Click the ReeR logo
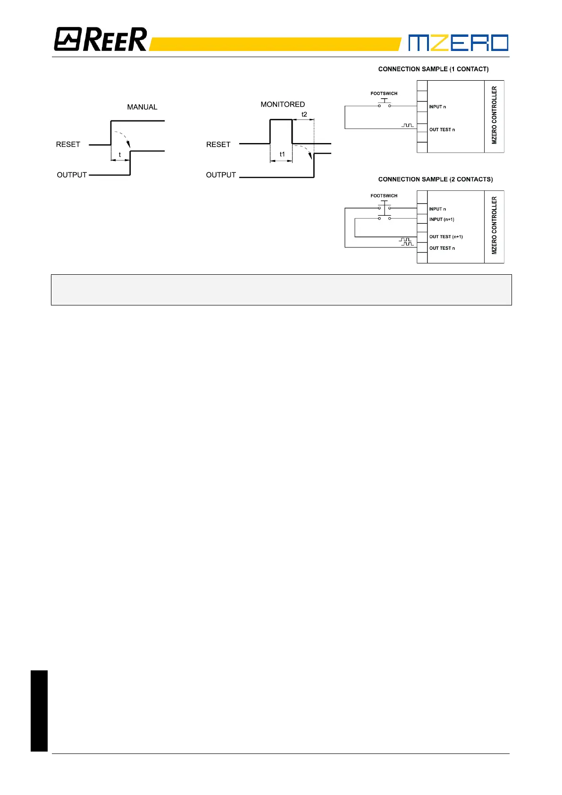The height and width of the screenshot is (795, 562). [x=101, y=40]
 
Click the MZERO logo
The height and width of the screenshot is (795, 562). [x=458, y=42]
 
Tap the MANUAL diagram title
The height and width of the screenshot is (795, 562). [x=142, y=107]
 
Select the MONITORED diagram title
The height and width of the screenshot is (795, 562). [x=283, y=104]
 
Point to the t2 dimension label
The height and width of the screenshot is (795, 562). [x=304, y=114]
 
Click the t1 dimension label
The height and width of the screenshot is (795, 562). [x=282, y=154]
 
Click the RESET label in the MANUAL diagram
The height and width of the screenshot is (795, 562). [x=68, y=144]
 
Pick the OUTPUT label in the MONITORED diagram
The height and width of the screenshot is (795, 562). [x=221, y=175]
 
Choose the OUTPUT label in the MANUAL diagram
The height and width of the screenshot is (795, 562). [x=72, y=175]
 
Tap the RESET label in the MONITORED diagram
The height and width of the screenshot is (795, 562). [x=218, y=144]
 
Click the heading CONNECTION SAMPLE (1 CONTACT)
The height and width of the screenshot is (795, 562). [x=433, y=69]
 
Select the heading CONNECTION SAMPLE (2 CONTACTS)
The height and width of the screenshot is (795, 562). [x=435, y=179]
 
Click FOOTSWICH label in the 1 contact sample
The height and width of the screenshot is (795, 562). [x=384, y=93]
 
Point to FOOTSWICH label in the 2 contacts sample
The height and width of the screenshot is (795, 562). [x=384, y=195]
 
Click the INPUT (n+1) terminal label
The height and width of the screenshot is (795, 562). [x=442, y=220]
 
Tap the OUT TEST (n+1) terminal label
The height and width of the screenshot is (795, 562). [x=446, y=237]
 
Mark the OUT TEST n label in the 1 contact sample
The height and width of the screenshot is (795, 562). [x=442, y=129]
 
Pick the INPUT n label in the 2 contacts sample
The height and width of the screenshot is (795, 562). [x=437, y=209]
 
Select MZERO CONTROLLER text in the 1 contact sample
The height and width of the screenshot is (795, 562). [x=494, y=115]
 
